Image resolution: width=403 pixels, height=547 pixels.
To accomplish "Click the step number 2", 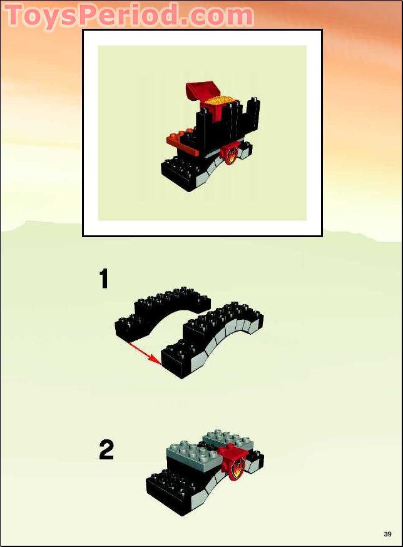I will click(106, 450).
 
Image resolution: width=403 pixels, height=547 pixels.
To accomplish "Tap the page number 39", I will click(387, 534).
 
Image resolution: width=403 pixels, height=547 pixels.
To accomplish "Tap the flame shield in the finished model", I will click(231, 155).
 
